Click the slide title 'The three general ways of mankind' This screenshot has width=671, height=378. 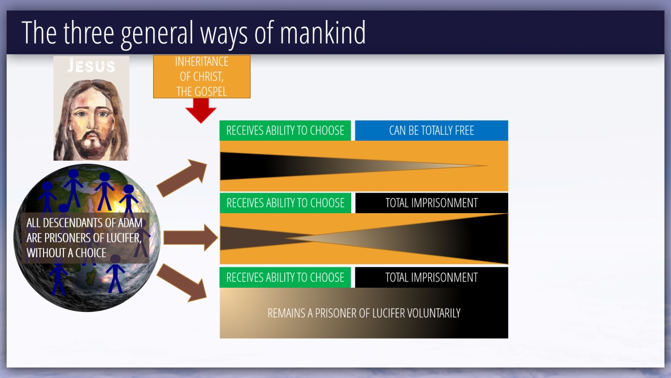click(x=193, y=33)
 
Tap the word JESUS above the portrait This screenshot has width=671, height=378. click(x=91, y=66)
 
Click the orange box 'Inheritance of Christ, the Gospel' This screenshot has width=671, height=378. click(x=201, y=77)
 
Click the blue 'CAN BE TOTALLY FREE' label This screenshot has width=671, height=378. click(x=431, y=131)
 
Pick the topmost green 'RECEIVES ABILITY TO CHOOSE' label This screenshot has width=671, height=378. click(x=285, y=131)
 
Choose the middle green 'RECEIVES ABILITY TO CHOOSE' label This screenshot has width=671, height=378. click(x=285, y=203)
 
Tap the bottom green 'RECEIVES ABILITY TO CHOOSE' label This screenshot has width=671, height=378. click(x=285, y=277)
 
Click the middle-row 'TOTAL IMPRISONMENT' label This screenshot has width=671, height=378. click(x=431, y=203)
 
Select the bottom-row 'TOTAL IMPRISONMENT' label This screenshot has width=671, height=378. click(x=431, y=277)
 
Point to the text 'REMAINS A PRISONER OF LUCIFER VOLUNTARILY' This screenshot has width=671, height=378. click(x=364, y=313)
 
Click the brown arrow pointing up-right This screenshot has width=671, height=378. click(x=182, y=177)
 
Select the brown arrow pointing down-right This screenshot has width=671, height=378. click(x=182, y=282)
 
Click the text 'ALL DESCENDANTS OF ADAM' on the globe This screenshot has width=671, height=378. click(x=84, y=223)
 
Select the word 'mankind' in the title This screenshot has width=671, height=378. click(x=322, y=33)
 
